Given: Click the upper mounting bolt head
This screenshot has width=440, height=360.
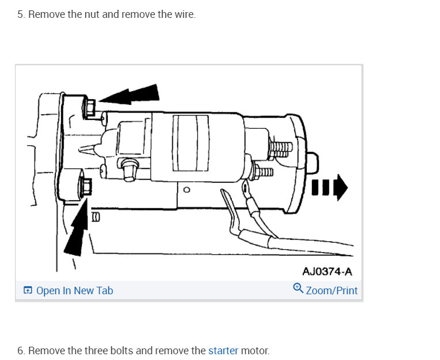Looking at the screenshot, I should tap(90, 107).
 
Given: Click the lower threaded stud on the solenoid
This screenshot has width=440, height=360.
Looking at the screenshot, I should tap(264, 171).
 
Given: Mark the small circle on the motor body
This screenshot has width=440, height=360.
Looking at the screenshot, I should tap(186, 189).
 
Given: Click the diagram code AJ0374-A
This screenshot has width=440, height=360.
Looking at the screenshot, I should tap(327, 271).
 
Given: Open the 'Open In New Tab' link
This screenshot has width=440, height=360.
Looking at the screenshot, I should tap(74, 291).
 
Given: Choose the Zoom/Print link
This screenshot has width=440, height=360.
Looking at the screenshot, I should tap(332, 291).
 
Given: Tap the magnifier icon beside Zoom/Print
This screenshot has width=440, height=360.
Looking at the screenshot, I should tap(298, 289).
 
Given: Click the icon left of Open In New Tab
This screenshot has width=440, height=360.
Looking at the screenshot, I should tap(28, 291).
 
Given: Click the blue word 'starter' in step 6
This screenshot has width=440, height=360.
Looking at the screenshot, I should tap(223, 350).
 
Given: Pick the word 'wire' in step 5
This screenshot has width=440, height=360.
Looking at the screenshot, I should tap(183, 14).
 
